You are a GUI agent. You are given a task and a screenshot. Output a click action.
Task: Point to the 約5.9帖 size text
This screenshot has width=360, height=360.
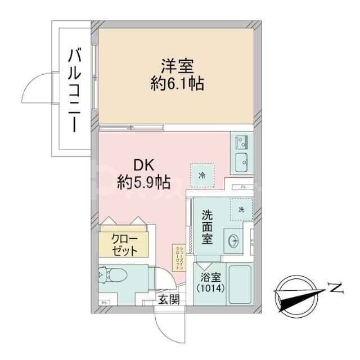coord(144,182)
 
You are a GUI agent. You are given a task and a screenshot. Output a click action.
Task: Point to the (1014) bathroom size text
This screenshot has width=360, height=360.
coord(210,289)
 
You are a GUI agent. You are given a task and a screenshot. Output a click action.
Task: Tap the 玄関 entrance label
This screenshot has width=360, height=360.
coord(168,299)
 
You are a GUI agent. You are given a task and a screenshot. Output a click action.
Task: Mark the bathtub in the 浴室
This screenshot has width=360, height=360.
coord(241,284)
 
